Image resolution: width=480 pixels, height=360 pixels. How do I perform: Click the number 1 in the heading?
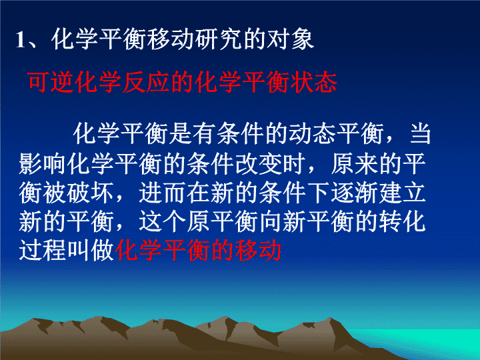click(20, 40)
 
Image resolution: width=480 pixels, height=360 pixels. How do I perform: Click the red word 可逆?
click(51, 82)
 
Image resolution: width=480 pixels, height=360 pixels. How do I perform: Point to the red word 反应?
click(146, 82)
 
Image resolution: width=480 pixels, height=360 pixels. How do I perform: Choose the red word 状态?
click(313, 82)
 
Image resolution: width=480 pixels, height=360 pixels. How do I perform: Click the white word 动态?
click(312, 133)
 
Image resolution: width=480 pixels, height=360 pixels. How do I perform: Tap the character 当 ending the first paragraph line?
click(420, 133)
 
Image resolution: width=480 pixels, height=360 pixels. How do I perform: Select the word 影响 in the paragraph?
click(43, 164)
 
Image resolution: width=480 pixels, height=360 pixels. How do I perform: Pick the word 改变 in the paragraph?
click(259, 164)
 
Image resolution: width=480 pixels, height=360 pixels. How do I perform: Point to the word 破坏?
click(90, 193)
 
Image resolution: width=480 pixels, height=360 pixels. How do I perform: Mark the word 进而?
click(162, 193)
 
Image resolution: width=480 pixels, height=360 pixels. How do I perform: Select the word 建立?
click(402, 193)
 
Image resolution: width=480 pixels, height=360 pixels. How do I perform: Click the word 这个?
click(162, 222)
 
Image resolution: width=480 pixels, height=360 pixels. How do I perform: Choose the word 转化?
click(402, 222)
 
